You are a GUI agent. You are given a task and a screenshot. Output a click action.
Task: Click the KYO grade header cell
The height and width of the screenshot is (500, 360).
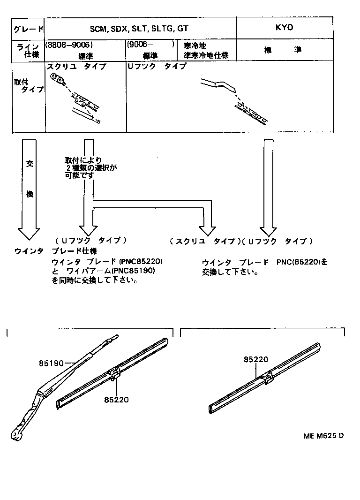284,28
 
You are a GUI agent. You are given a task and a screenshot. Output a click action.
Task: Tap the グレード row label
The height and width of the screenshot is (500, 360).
28,29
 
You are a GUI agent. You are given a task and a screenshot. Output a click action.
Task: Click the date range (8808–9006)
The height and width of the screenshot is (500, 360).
68,45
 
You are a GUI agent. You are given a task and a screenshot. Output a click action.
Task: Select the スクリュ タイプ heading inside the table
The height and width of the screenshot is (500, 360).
76,67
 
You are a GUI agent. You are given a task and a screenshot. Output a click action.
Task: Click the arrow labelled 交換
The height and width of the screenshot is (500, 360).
29,188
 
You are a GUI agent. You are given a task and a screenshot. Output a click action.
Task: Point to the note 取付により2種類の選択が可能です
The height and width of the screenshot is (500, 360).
90,167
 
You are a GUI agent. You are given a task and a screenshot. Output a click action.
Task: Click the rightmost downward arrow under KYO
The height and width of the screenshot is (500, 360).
268,188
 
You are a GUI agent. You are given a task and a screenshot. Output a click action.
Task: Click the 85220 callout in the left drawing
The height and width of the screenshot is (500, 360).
117,400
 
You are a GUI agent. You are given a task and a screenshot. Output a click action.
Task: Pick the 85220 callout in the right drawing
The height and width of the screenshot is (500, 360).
256,359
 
